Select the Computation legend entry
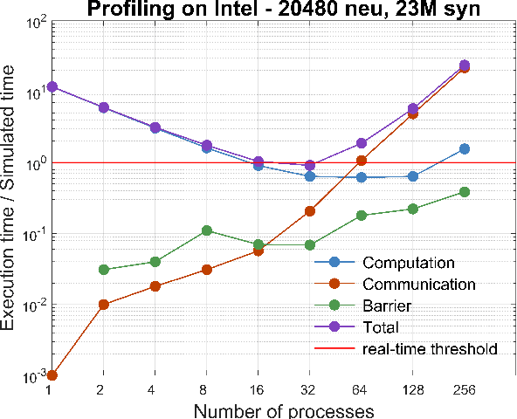tap(408, 263)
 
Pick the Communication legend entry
tap(418, 285)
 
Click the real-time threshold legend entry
tap(430, 349)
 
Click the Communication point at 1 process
tap(52, 375)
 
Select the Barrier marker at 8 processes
tap(207, 230)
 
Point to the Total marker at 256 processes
tap(464, 65)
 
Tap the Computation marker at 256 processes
tap(464, 148)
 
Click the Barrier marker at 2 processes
tap(104, 270)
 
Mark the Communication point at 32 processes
tap(310, 211)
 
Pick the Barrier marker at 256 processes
tap(464, 192)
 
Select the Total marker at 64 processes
tap(362, 143)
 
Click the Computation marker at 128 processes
tap(413, 176)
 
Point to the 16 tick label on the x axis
tap(258, 390)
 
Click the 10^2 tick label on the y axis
tap(32, 21)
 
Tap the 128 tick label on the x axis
tap(413, 390)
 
